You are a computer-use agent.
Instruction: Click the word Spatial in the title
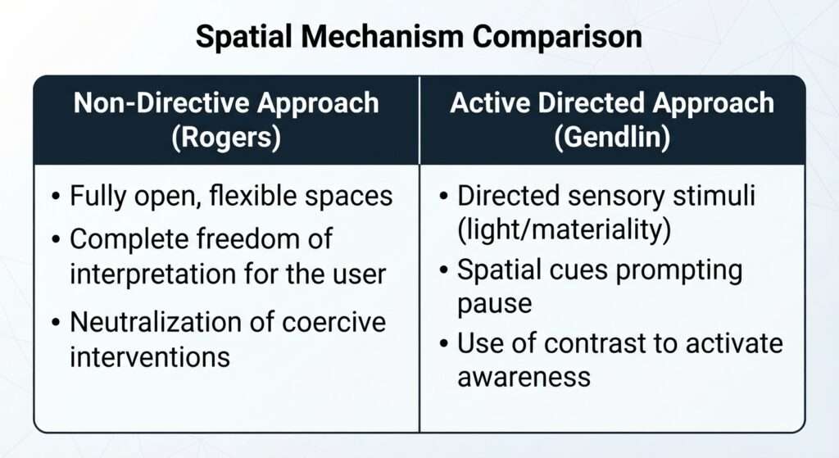tap(243, 38)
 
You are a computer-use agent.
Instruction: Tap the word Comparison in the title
tap(557, 38)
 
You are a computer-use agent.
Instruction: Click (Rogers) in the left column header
tap(226, 137)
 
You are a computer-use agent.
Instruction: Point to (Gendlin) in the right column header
tap(612, 137)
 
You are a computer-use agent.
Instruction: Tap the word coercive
tap(333, 323)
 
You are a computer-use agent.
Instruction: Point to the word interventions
tap(150, 357)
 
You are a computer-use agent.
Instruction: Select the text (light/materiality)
tap(564, 230)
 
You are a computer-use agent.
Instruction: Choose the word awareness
tap(524, 378)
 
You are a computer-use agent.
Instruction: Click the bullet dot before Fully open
tap(57, 197)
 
